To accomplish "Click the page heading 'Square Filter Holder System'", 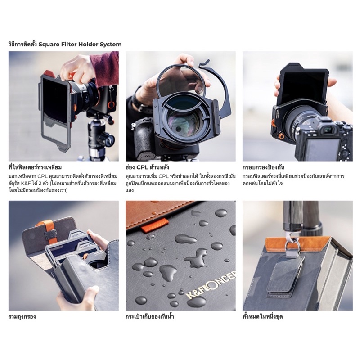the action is [x=80, y=44].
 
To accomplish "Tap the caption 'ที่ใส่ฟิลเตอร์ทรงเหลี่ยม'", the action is [x=35, y=167].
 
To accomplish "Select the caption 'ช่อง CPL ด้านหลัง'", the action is [x=148, y=167].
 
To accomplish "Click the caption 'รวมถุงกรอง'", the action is [x=22, y=317].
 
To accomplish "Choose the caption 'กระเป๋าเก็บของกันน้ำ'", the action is [x=150, y=317].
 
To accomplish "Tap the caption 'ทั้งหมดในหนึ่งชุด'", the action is [x=263, y=317].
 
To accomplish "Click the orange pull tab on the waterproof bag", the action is [x=153, y=225].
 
